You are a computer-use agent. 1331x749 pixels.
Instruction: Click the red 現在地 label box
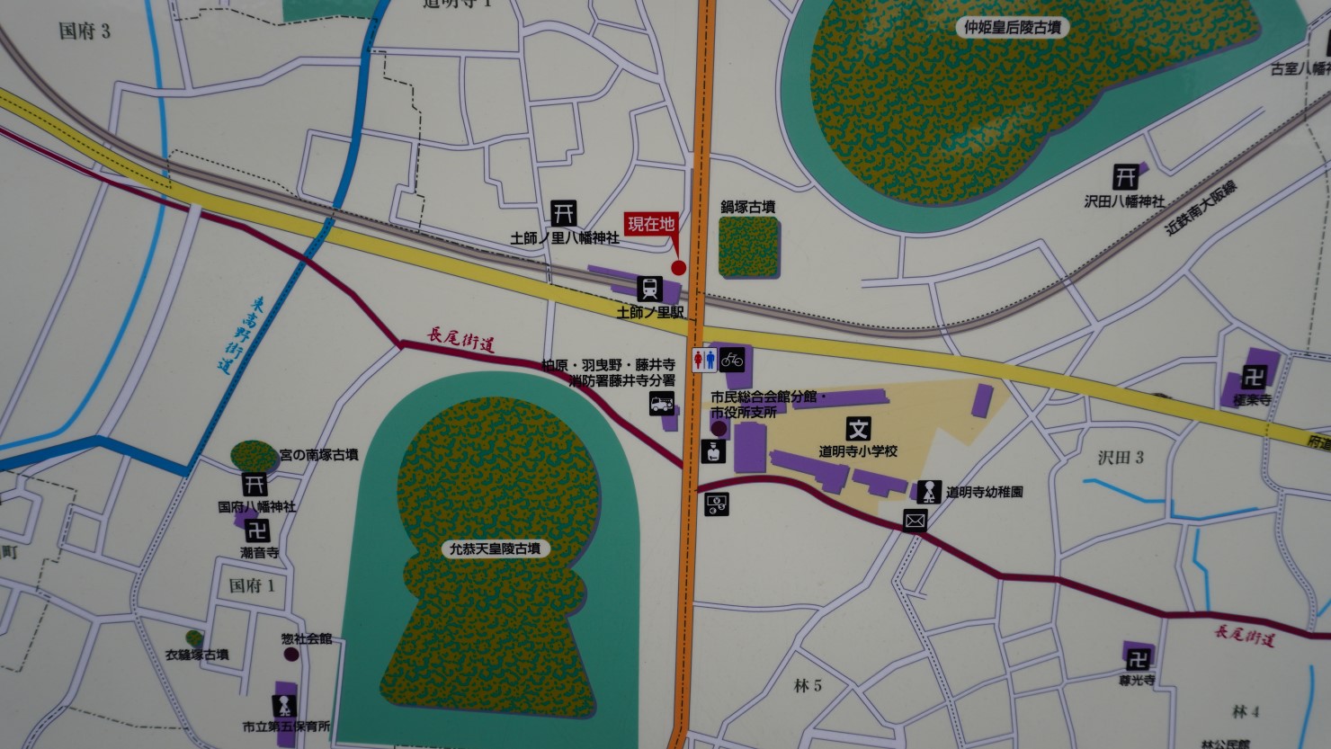point(650,224)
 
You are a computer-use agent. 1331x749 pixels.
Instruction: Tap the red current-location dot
point(679,267)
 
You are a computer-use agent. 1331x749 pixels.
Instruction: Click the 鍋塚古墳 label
point(748,207)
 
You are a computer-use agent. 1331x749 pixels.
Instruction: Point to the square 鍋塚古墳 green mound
point(749,246)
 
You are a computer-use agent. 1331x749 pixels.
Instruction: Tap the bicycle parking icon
point(732,361)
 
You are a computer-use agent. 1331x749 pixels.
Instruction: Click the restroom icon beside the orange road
point(704,361)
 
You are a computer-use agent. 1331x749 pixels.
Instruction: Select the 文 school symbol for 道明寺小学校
point(858,429)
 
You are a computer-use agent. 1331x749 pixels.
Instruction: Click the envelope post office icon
point(916,520)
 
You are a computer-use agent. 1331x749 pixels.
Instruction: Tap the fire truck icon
point(662,405)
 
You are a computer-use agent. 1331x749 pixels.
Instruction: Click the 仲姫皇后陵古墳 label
point(1012,28)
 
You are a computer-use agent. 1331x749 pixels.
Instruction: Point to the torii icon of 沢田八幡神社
point(1124,176)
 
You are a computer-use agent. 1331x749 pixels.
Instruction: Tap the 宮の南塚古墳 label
point(318,455)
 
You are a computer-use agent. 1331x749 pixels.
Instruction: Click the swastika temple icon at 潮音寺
point(258,531)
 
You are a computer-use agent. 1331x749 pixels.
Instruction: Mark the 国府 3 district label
point(85,31)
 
